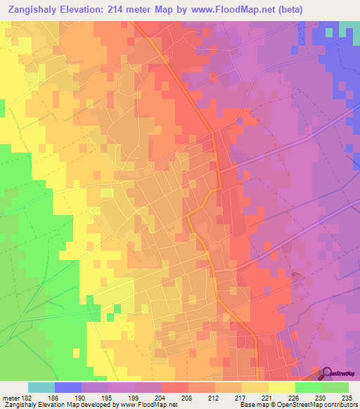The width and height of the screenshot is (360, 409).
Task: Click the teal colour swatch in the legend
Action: [41, 387]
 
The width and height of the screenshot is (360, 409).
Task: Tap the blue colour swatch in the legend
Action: [68, 387]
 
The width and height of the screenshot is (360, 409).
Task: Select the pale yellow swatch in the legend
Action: [281, 387]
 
